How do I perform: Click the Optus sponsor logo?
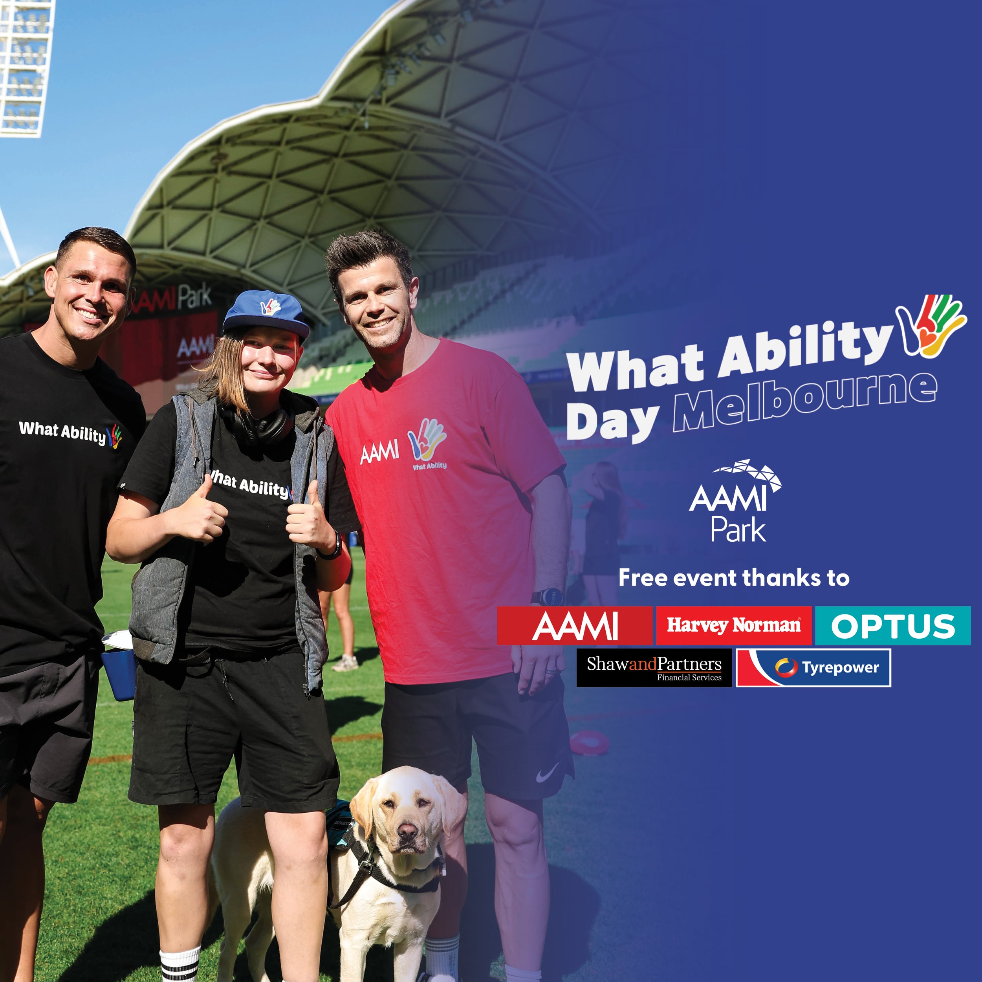(892, 626)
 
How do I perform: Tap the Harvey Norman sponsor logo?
(733, 625)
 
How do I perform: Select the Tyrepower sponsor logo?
(813, 667)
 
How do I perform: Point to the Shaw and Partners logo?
(654, 667)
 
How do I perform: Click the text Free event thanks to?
(733, 578)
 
